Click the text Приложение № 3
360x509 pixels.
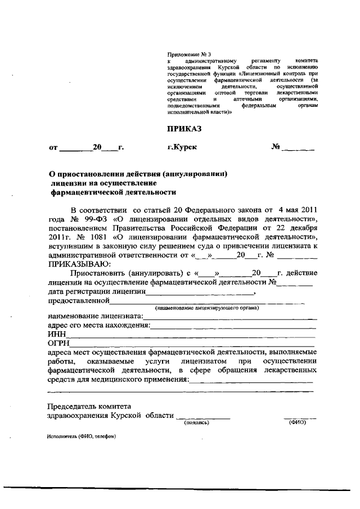point(186,54)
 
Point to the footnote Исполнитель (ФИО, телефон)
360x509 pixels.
point(82,437)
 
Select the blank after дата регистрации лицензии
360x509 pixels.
point(200,294)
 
